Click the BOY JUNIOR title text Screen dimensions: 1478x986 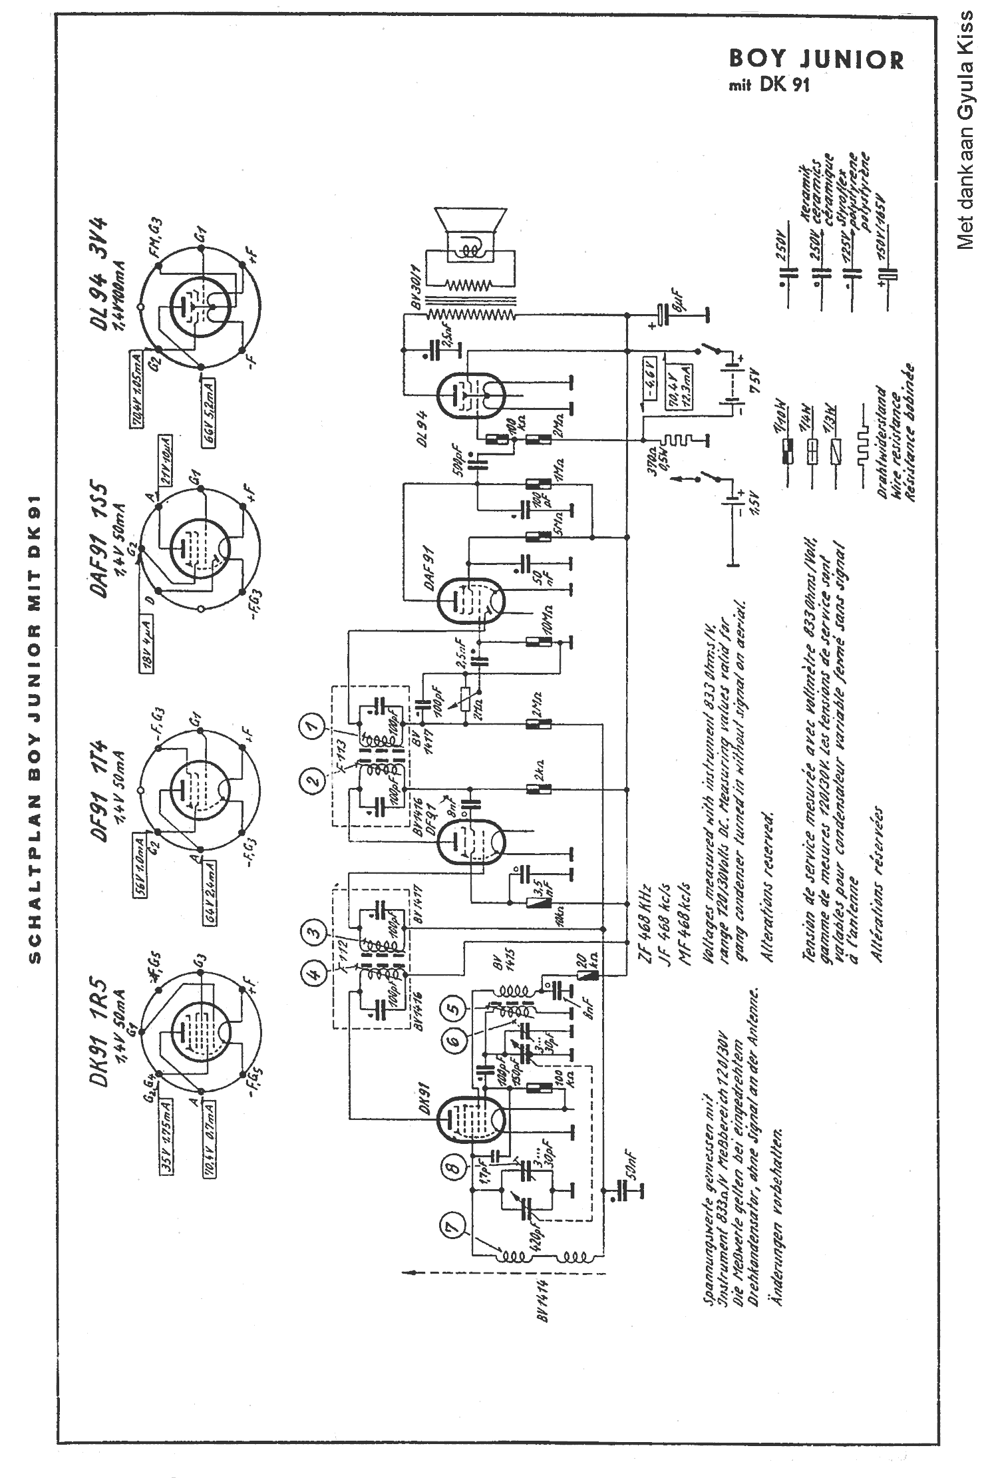point(816,60)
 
